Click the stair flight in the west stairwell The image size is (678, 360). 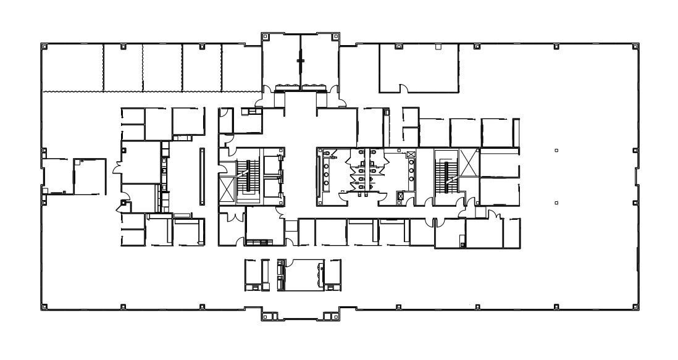pyautogui.click(x=251, y=175)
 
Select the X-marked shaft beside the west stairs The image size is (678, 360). pyautogui.click(x=227, y=189)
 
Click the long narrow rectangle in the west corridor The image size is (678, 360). pyautogui.click(x=202, y=176)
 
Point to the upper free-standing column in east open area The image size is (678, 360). pyautogui.click(x=556, y=150)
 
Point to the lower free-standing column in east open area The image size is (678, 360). pyautogui.click(x=556, y=202)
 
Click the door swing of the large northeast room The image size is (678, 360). pyautogui.click(x=404, y=88)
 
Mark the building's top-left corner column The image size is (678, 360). pyautogui.click(x=44, y=46)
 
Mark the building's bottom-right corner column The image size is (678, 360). pyautogui.click(x=635, y=306)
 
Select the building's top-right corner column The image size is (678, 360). pyautogui.click(x=635, y=46)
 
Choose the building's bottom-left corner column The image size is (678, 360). pyautogui.click(x=44, y=306)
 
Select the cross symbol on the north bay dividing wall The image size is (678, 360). pyautogui.click(x=301, y=61)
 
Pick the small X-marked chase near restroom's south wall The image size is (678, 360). pyautogui.click(x=400, y=197)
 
